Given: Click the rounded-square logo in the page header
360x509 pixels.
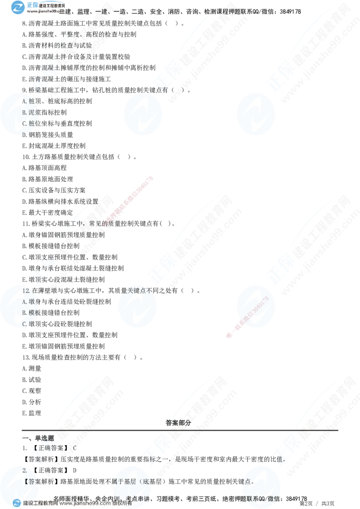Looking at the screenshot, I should pyautogui.click(x=18, y=8).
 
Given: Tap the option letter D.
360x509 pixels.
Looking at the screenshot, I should pyautogui.click(x=24, y=134).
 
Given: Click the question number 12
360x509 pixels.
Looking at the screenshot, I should pyautogui.click(x=26, y=291).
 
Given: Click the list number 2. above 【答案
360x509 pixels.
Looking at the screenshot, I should pyautogui.click(x=25, y=470).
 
